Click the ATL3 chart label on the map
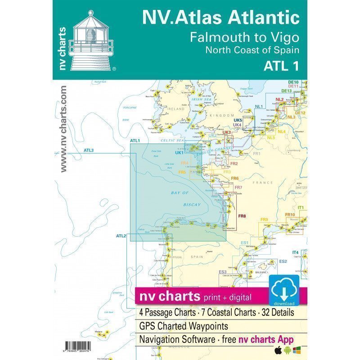click(88, 150)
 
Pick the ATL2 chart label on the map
click(121, 236)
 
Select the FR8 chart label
click(242, 217)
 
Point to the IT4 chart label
click(295, 252)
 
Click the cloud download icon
click(284, 290)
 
